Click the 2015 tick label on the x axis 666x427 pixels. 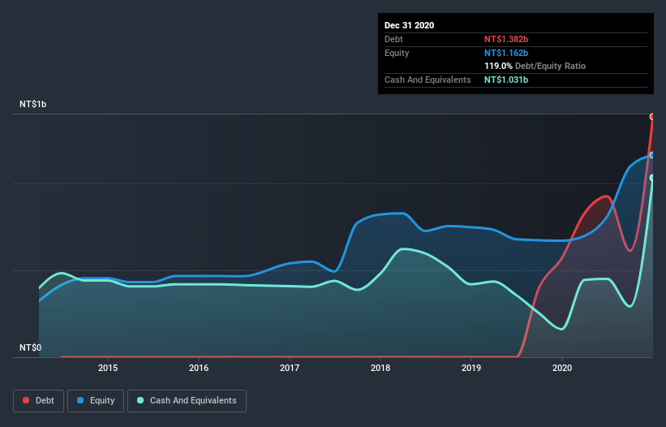tap(108, 368)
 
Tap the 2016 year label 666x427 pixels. tap(199, 368)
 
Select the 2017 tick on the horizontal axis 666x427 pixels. tap(290, 368)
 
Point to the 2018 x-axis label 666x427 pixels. tap(380, 368)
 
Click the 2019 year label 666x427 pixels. tap(471, 368)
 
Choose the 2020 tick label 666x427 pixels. tap(562, 368)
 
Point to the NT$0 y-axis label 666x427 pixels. tap(30, 347)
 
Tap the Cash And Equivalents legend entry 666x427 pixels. tap(187, 400)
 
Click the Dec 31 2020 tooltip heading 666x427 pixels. tap(409, 25)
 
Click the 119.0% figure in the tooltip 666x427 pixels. tap(498, 66)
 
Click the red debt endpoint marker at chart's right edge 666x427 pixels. tap(652, 117)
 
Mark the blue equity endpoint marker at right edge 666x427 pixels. tap(652, 154)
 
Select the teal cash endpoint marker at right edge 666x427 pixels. tap(652, 178)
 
